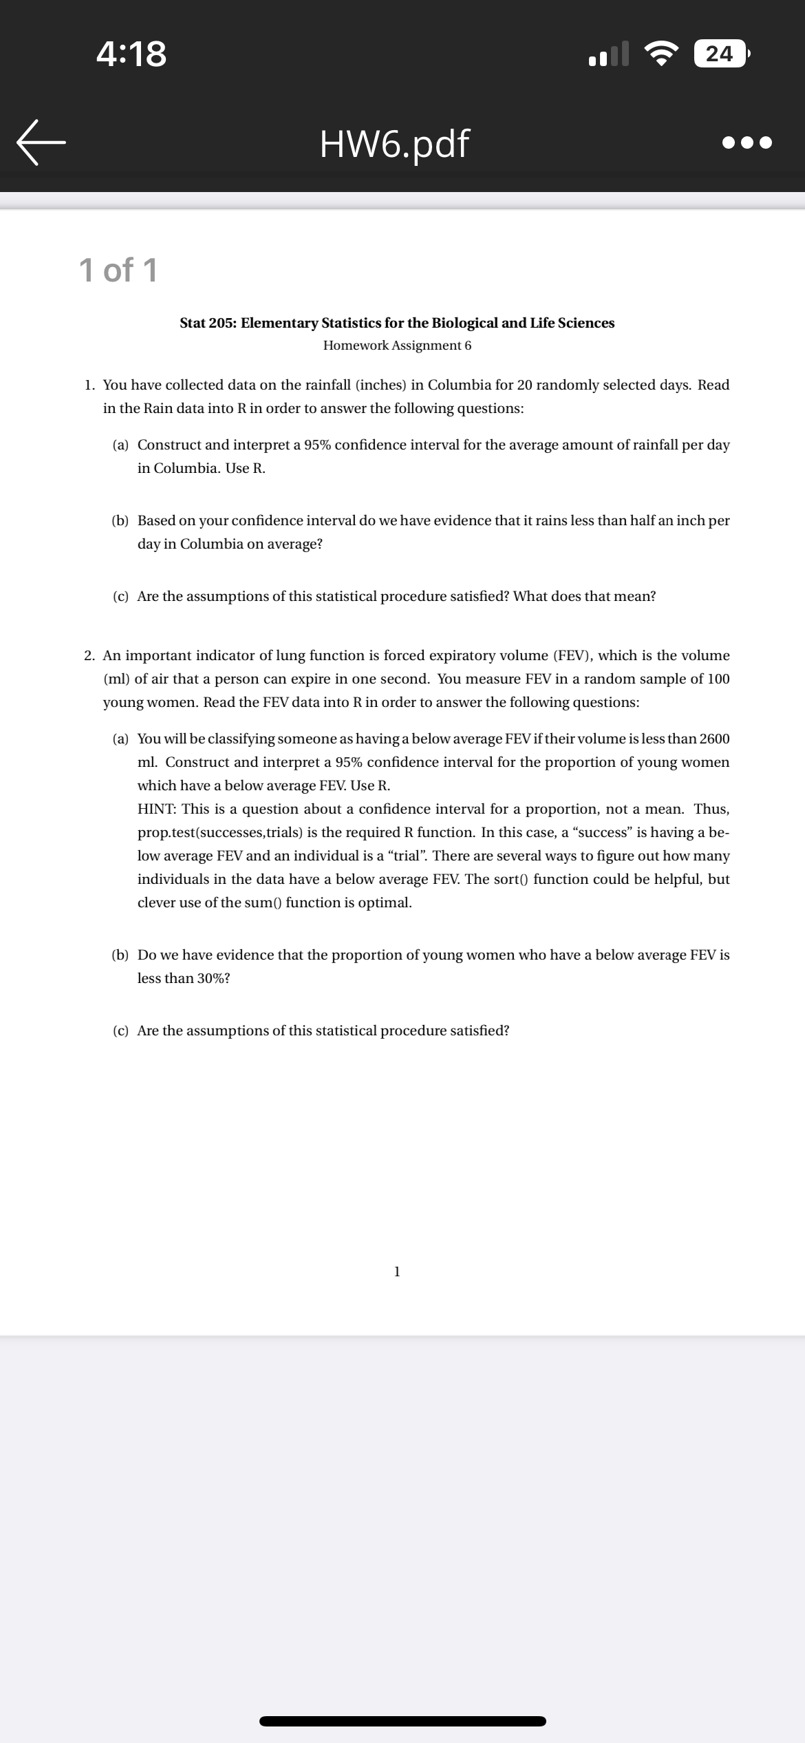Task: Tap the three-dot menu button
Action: point(748,143)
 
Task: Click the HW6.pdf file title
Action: point(394,143)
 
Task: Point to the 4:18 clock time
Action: point(131,54)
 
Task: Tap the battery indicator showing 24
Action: point(720,54)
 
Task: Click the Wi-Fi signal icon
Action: point(661,54)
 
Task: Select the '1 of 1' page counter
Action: point(118,270)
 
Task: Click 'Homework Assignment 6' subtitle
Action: point(397,346)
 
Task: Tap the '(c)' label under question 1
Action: point(120,597)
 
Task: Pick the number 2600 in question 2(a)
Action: point(714,739)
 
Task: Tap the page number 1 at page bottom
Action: point(397,1272)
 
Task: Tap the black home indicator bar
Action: point(402,1721)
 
